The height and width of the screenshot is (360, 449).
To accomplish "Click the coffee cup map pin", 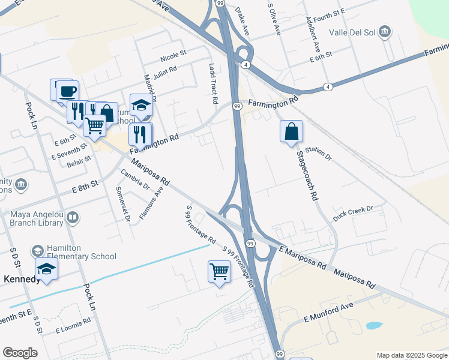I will click(x=67, y=92).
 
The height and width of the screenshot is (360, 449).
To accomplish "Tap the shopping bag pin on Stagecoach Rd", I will click(x=291, y=131).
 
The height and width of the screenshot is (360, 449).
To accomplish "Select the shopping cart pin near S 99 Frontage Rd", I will click(x=219, y=272).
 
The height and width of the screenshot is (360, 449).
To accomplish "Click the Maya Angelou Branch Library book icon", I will click(x=73, y=217).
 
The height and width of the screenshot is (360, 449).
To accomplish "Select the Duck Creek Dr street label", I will click(x=353, y=214).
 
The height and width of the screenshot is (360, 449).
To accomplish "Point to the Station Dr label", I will click(x=318, y=154).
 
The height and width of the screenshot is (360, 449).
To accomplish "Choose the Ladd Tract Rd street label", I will click(x=212, y=84).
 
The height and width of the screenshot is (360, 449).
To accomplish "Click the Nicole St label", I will click(x=173, y=58).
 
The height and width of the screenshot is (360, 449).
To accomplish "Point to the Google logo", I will click(x=20, y=353).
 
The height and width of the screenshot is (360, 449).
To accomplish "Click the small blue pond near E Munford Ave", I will click(x=373, y=326).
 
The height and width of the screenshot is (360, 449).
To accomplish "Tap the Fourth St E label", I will click(x=328, y=14).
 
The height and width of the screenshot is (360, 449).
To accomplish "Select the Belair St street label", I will click(x=79, y=161).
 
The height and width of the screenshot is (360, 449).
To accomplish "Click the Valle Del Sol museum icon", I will click(x=385, y=31).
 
